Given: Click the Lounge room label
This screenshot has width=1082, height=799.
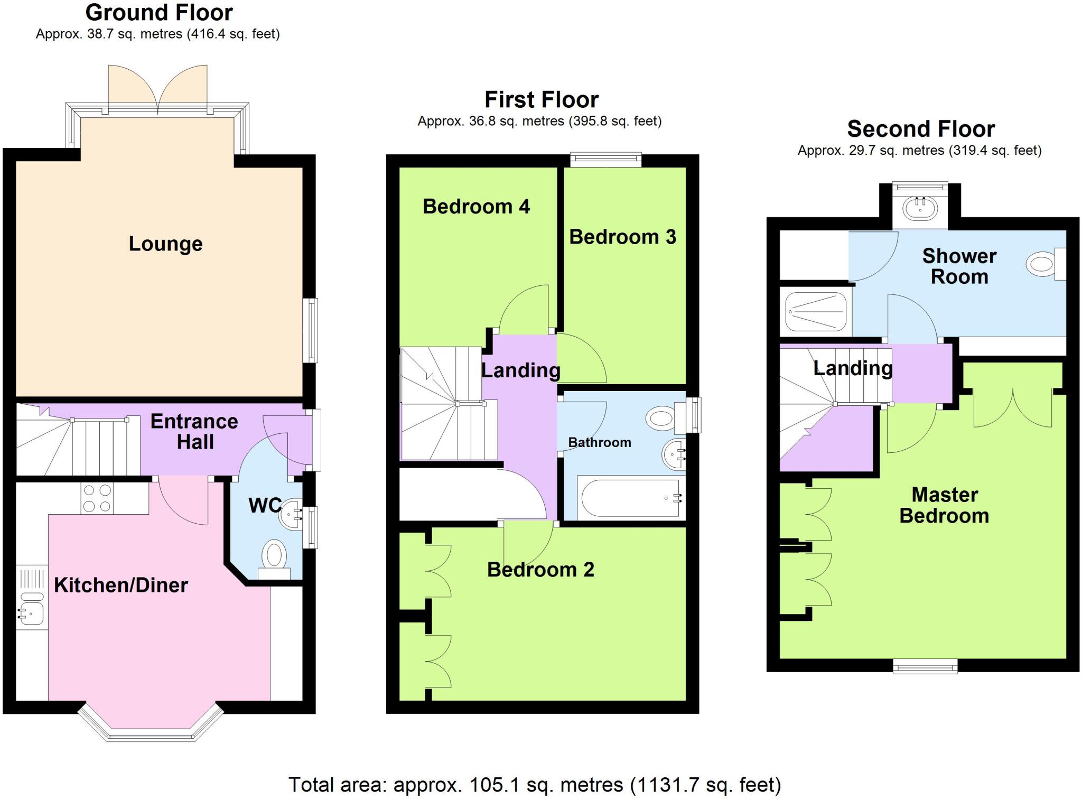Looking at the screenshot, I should (x=165, y=244).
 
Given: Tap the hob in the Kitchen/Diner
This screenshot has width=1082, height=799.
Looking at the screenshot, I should (x=97, y=498).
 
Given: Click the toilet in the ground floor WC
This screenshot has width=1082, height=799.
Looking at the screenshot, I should (x=274, y=558).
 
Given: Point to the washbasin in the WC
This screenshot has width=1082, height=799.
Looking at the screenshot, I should (x=290, y=512).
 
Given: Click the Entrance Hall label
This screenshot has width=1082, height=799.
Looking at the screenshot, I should (x=194, y=431).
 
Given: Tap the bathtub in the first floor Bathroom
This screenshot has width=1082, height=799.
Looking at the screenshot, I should (x=630, y=498).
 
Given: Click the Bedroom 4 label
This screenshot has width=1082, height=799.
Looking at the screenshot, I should (x=476, y=206).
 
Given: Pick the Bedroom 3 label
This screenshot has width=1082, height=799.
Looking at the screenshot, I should (x=622, y=237).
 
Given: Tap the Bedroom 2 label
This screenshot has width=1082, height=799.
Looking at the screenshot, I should (x=540, y=570).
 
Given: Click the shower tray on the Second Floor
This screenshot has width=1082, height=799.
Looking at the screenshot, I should (x=816, y=312).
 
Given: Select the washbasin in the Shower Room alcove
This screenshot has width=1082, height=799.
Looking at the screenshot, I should (x=920, y=208).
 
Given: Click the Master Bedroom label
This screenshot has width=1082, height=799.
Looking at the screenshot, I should (x=944, y=505).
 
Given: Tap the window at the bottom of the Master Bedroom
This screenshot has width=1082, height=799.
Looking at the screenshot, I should (x=925, y=667).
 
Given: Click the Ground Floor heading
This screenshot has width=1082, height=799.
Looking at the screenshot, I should (x=158, y=12).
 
